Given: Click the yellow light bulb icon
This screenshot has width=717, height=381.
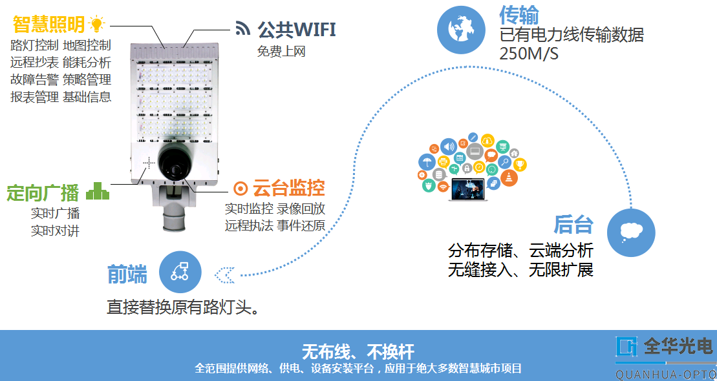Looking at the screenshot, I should click(x=96, y=25).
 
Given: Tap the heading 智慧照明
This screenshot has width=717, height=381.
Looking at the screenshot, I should click(x=48, y=25).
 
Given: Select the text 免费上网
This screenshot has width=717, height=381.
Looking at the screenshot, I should click(x=281, y=52).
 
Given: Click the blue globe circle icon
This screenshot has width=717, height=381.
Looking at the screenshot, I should click(x=462, y=30).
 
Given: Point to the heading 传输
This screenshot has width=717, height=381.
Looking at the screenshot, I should click(x=519, y=15).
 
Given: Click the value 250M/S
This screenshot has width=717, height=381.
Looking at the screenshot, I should click(x=528, y=54).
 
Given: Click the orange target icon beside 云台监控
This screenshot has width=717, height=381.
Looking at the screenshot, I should click(x=241, y=189).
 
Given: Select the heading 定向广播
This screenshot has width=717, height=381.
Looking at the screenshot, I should click(x=43, y=192).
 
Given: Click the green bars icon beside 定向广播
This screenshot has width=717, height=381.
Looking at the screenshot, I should click(x=98, y=190).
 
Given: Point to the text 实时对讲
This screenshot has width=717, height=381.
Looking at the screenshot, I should click(x=56, y=231).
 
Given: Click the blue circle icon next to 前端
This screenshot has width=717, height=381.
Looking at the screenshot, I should click(x=180, y=273).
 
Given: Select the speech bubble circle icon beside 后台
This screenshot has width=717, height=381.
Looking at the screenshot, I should click(x=630, y=231).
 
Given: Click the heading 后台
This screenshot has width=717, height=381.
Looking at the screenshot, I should click(x=573, y=224).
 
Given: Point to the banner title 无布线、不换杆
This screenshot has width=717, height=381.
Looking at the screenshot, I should click(x=358, y=352).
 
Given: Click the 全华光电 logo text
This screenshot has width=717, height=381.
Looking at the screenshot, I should click(x=678, y=347).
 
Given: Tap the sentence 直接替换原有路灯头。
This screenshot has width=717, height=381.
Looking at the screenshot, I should click(x=183, y=307).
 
